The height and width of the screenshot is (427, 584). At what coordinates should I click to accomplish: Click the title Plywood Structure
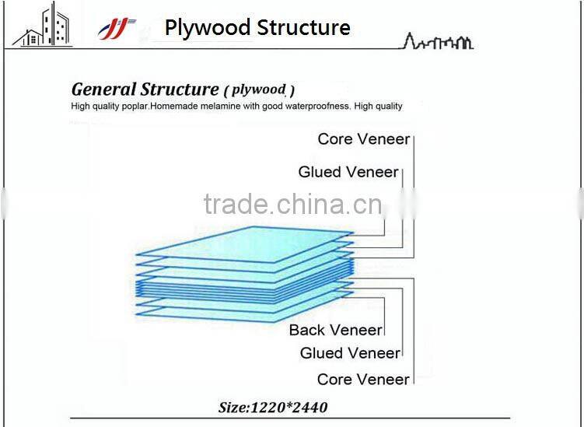tap(257, 28)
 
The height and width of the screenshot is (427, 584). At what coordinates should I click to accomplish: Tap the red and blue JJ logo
tap(117, 29)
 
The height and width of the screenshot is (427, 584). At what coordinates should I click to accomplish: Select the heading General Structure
tap(145, 89)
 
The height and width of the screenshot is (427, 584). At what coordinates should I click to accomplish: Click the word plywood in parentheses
tap(258, 89)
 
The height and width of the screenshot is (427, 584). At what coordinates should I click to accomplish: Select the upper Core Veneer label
tap(363, 139)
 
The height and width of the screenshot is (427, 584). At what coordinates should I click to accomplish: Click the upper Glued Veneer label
tap(348, 172)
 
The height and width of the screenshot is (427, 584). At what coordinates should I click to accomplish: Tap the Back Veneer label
tap(335, 330)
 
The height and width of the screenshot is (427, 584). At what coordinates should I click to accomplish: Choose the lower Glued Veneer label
tap(349, 353)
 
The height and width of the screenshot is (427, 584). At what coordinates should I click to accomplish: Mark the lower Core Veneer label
tap(363, 380)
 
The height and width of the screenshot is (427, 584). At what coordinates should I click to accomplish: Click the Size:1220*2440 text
tap(272, 407)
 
